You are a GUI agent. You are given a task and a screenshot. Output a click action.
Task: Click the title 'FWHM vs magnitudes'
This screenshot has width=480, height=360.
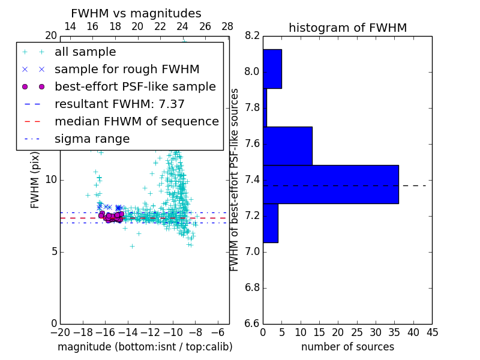click(x=136, y=13)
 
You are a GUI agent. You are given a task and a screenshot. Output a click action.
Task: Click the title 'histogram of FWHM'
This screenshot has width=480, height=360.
click(x=347, y=28)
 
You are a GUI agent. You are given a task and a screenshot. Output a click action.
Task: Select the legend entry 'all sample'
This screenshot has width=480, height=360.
click(x=85, y=52)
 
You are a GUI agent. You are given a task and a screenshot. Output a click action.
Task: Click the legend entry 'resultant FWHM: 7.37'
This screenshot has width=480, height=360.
click(x=119, y=104)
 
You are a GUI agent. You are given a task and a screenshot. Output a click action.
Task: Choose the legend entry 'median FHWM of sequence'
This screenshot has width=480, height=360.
click(x=136, y=122)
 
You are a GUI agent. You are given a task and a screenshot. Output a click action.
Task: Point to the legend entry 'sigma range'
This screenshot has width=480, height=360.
click(x=92, y=139)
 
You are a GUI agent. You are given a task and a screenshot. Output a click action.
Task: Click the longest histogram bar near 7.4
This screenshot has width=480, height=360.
click(x=331, y=184)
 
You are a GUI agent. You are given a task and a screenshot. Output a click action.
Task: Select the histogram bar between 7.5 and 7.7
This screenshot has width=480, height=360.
click(x=287, y=146)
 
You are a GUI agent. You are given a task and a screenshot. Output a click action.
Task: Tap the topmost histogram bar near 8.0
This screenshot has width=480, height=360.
click(x=272, y=68)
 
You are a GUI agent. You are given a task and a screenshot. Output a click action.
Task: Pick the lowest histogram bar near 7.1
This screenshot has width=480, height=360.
click(x=271, y=223)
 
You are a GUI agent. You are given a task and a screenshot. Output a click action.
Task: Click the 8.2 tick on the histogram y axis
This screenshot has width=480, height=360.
click(x=252, y=36)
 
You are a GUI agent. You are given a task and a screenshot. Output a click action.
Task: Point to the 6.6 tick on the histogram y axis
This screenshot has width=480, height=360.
click(x=252, y=324)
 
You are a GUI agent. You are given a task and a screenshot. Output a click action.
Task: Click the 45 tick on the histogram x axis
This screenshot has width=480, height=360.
click(x=431, y=331)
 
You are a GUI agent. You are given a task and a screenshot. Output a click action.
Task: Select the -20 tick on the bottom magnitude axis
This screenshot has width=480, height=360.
click(x=59, y=331)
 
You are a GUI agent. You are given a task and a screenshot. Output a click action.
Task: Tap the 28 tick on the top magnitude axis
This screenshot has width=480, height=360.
click(x=227, y=26)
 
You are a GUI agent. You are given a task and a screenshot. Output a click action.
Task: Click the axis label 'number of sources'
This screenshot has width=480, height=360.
click(x=347, y=347)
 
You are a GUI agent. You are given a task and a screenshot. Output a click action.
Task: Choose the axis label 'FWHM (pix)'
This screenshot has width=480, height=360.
click(x=35, y=180)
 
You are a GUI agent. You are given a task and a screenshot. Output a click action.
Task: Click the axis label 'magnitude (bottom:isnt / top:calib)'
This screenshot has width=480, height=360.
click(x=145, y=347)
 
